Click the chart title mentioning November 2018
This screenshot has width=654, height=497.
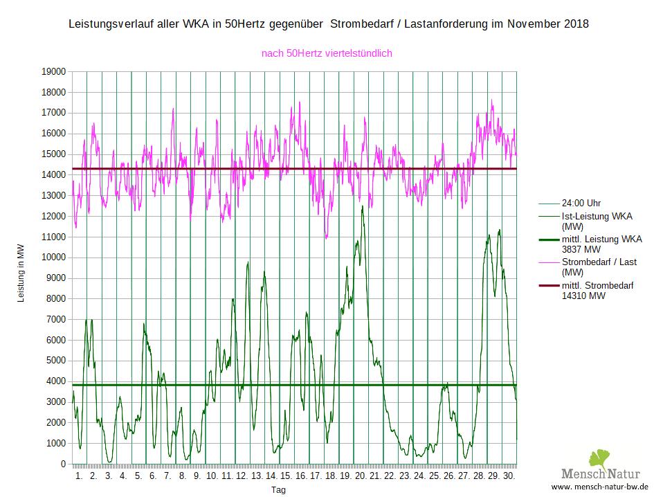pyautogui.click(x=329, y=24)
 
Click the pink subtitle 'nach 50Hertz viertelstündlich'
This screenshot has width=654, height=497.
pyautogui.click(x=327, y=53)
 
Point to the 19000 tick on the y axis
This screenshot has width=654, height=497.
pyautogui.click(x=53, y=71)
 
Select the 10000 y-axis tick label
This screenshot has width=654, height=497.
pyautogui.click(x=53, y=257)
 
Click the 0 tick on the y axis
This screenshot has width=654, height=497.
pyautogui.click(x=63, y=464)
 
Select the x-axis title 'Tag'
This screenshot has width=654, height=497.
pyautogui.click(x=278, y=489)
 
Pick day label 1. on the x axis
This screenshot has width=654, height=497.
pyautogui.click(x=79, y=476)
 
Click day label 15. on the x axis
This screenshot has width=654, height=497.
pyautogui.click(x=286, y=476)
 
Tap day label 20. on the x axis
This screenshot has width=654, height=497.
pyautogui.click(x=360, y=476)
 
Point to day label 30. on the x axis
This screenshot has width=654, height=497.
pyautogui.click(x=508, y=476)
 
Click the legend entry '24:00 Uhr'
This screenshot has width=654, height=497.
pyautogui.click(x=581, y=204)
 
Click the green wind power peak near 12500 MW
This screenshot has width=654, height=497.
pyautogui.click(x=362, y=206)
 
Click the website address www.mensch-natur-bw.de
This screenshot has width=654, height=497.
pyautogui.click(x=599, y=487)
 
